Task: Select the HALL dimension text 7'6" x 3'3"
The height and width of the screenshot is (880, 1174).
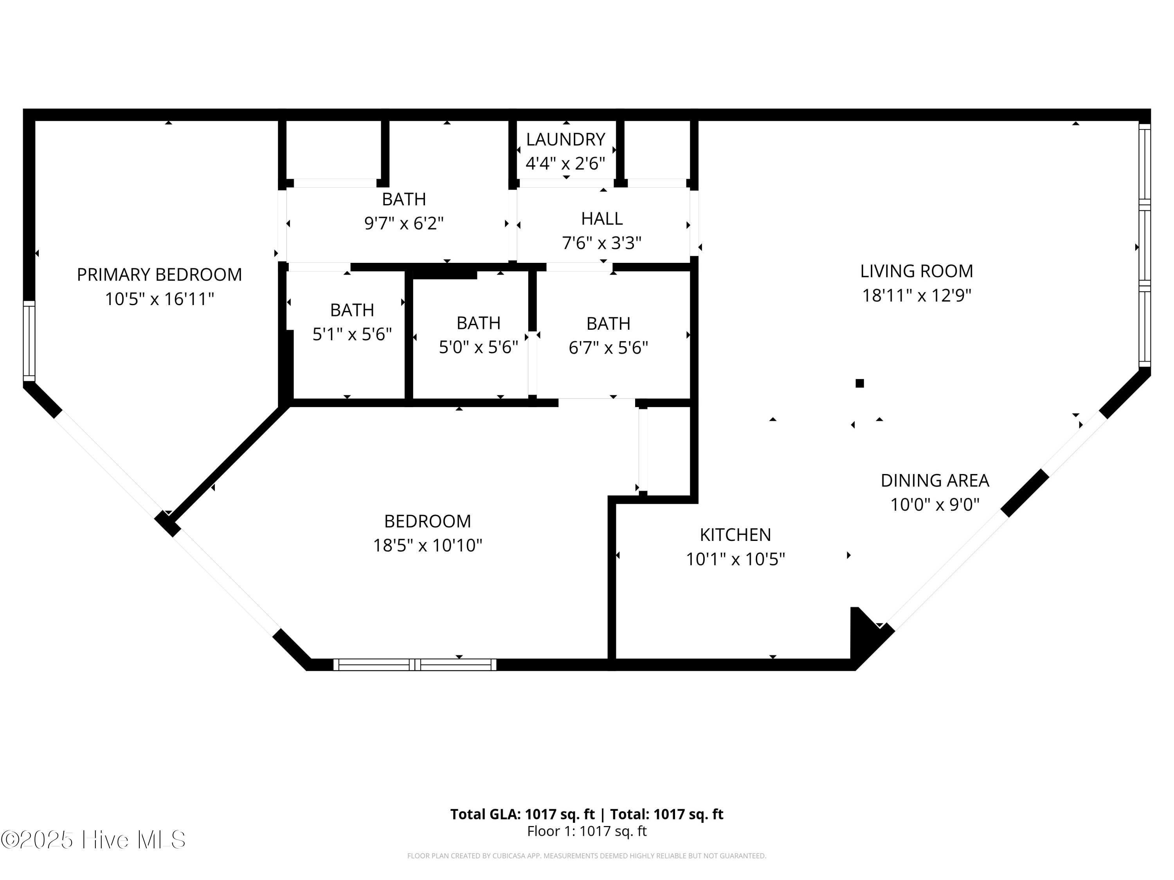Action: tap(601, 243)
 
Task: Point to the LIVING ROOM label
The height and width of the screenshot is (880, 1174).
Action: tap(916, 271)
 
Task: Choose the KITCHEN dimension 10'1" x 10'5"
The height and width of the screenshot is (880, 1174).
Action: tap(735, 559)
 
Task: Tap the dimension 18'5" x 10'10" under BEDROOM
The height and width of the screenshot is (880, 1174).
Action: tap(427, 545)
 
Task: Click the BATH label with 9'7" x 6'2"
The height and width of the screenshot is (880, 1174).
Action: tap(404, 199)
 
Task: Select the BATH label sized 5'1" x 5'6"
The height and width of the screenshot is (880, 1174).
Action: tap(352, 310)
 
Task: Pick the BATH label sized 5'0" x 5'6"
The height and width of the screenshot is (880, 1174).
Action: tap(478, 323)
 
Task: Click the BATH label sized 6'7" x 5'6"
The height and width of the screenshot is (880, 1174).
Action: tap(608, 323)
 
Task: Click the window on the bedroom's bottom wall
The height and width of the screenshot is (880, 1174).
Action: tap(414, 664)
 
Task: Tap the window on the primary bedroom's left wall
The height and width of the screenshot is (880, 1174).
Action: tap(29, 341)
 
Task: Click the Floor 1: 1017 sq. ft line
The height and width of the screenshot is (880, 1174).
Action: tap(587, 831)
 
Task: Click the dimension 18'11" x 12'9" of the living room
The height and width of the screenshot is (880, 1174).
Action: tap(916, 295)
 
